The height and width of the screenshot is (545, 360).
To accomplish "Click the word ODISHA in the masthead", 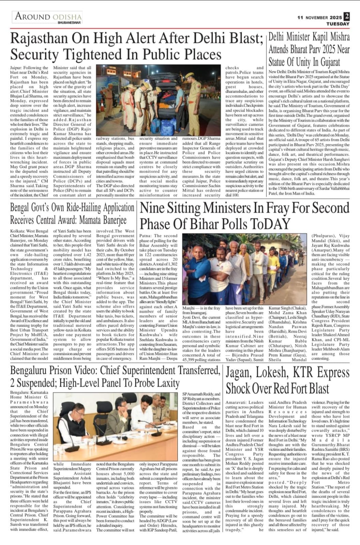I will pos(67,16).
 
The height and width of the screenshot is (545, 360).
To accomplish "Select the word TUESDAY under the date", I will pos(337,24).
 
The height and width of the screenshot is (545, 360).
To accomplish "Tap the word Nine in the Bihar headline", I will pos(154,208).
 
